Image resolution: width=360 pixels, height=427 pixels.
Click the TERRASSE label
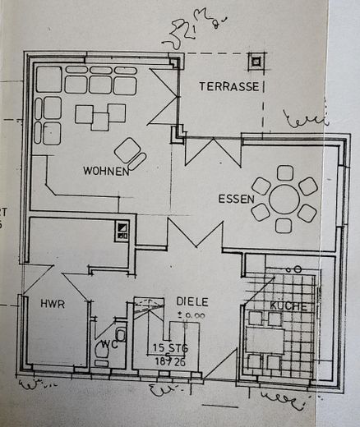pyautogui.click(x=229, y=86)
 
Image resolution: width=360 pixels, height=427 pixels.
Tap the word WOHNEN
pyautogui.click(x=105, y=171)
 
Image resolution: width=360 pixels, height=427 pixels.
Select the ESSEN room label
pyautogui.click(x=235, y=199)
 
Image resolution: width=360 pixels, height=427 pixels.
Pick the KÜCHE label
pyautogui.click(x=288, y=306)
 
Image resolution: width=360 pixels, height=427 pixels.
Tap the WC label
pyautogui.click(x=106, y=344)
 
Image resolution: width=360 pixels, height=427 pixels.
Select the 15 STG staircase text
pyautogui.click(x=169, y=347)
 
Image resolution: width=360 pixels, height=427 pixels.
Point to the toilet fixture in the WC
pyautogui.click(x=121, y=335)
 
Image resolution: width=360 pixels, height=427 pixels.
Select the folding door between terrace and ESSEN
pyautogui.click(x=212, y=152)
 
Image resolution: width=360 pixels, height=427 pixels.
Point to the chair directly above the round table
pyautogui.click(x=285, y=172)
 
